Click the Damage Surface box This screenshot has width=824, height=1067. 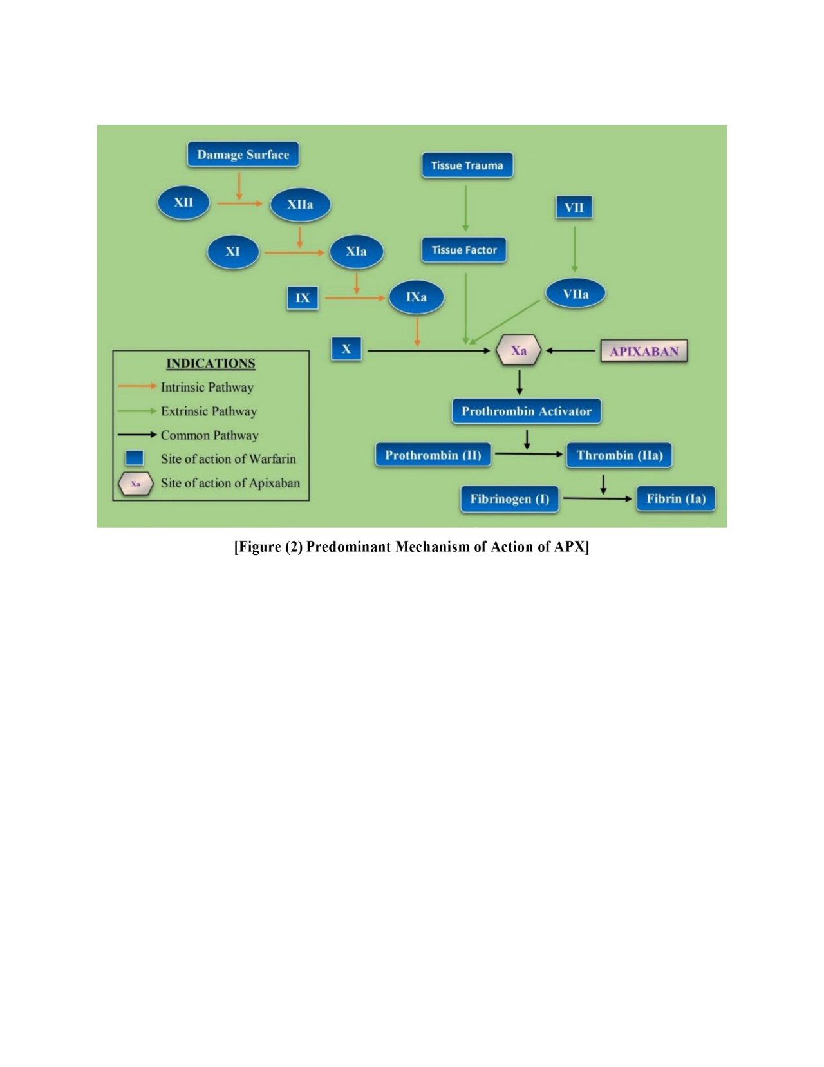(x=243, y=155)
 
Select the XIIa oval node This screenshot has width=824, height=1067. (x=300, y=205)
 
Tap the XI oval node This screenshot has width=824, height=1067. (x=232, y=251)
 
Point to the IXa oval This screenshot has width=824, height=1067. (x=416, y=297)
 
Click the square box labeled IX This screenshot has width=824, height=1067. (x=303, y=298)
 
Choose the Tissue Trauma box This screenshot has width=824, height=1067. (x=467, y=165)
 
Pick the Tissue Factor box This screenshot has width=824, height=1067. (x=464, y=250)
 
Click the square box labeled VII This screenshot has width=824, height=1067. (x=574, y=207)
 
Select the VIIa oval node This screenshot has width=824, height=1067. (x=576, y=294)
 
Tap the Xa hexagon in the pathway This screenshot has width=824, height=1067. (x=518, y=351)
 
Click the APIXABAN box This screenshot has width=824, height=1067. (x=644, y=352)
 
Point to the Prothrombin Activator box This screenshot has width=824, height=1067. (x=526, y=411)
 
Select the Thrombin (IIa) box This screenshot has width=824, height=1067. (x=619, y=455)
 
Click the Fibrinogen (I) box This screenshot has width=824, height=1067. (x=509, y=499)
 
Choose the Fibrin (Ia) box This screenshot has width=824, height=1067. (x=675, y=499)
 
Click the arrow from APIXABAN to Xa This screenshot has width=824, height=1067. (x=570, y=351)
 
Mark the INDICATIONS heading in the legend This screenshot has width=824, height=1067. (x=211, y=363)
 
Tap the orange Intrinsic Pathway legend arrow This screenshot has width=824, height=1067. (x=137, y=387)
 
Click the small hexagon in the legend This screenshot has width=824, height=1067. (x=135, y=484)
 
